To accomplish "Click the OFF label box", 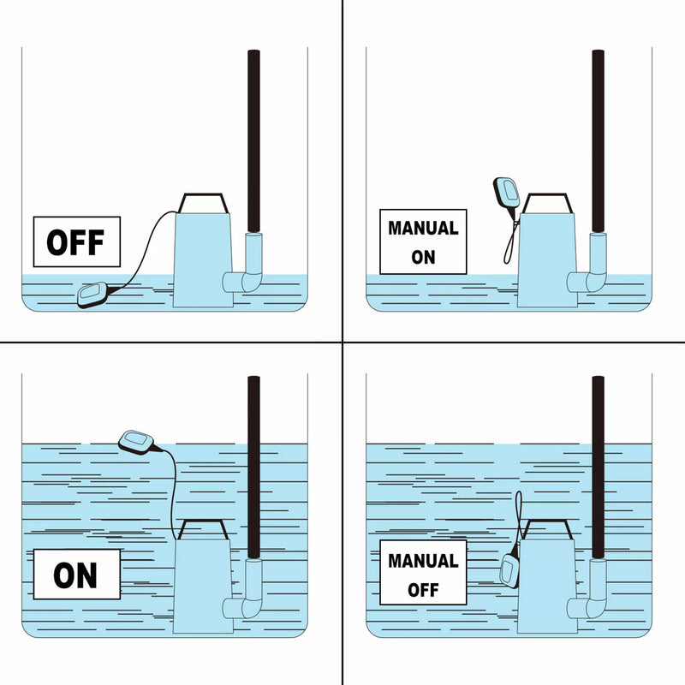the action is (77, 241).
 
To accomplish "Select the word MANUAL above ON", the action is (423, 228).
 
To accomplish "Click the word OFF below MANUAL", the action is (423, 590).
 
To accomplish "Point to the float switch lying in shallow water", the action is (92, 295).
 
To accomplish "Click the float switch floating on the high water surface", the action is (136, 442).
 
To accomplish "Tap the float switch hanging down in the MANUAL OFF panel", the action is (509, 570).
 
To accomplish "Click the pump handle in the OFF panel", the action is (203, 203).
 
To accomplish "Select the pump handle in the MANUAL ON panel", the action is (547, 203).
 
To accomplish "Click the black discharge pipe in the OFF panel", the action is (253, 140).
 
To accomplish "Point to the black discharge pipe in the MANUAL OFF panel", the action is (598, 467).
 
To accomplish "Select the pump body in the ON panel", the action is (203, 586).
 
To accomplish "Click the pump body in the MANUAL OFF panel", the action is (547, 586).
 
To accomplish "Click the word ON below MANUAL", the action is (423, 258).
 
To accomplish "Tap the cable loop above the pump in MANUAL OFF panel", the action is (519, 515).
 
